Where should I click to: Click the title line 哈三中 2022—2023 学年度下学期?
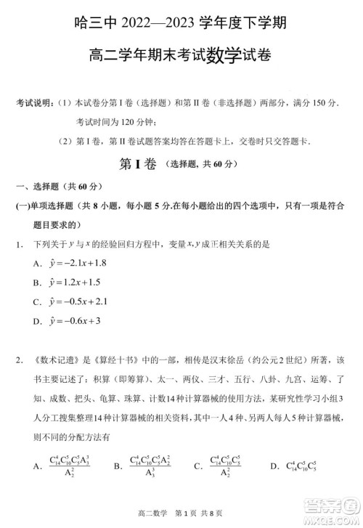[x=181, y=23]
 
